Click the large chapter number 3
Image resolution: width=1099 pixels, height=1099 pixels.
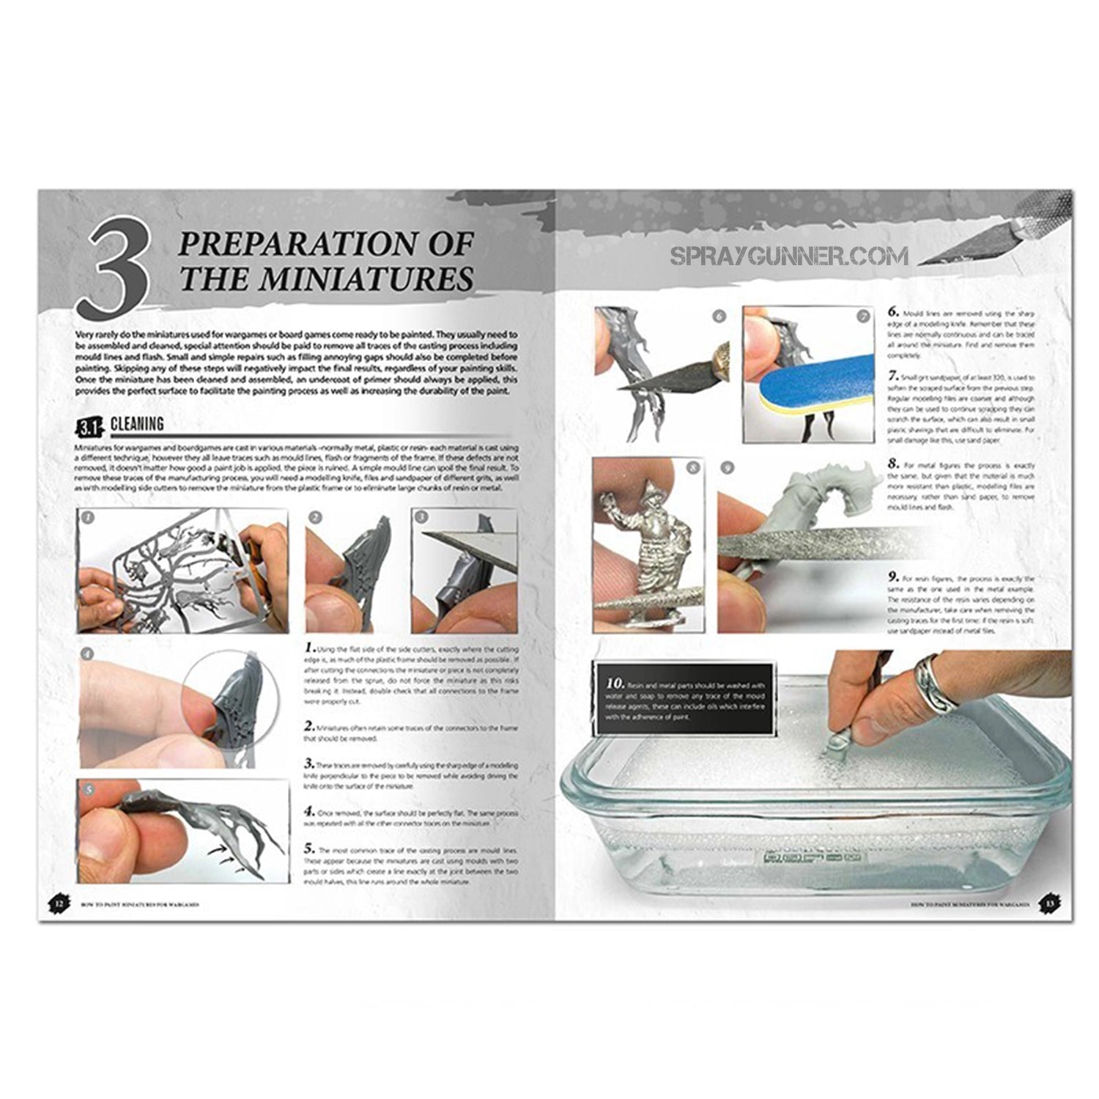(x=116, y=266)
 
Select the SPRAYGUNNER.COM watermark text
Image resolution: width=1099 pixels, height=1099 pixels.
(x=789, y=256)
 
